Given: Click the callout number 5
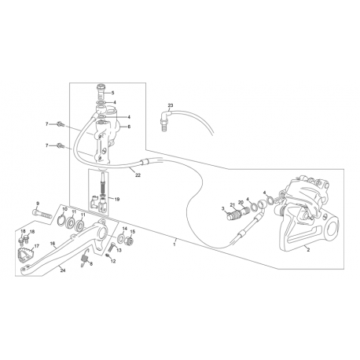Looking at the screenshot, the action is (112, 93).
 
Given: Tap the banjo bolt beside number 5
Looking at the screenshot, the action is (101, 90).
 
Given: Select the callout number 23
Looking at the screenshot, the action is (171, 105).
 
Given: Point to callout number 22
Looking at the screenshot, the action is (138, 175).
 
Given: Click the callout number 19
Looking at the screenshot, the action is (117, 200).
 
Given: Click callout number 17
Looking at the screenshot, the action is (36, 246).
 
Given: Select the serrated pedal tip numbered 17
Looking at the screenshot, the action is (24, 253).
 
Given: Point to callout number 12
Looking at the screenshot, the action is (113, 261).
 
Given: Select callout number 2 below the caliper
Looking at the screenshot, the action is (308, 250).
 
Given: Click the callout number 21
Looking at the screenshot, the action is (232, 204).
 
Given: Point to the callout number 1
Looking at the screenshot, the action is (174, 244).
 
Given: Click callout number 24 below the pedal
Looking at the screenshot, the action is (63, 271).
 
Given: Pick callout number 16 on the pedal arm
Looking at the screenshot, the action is (53, 244).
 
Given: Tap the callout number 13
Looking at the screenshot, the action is (119, 250).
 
